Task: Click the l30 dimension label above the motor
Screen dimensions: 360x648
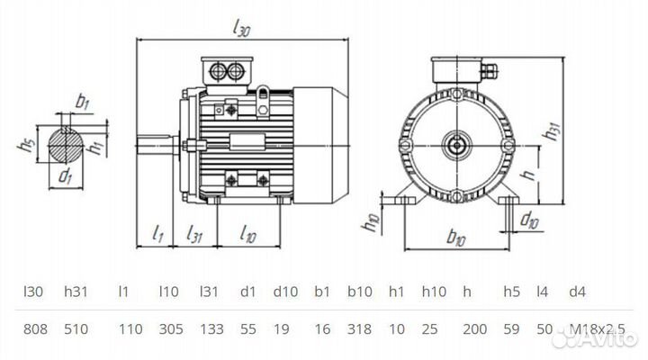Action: pos(240,29)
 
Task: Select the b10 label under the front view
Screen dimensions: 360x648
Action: pos(457,238)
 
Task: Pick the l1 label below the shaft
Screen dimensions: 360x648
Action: pos(157,235)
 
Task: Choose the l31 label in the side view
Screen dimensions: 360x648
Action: pos(194,235)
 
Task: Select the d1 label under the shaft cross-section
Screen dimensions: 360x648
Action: pos(65,176)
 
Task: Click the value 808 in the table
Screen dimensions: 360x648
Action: pos(33,330)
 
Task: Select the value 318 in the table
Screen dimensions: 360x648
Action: pos(360,330)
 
